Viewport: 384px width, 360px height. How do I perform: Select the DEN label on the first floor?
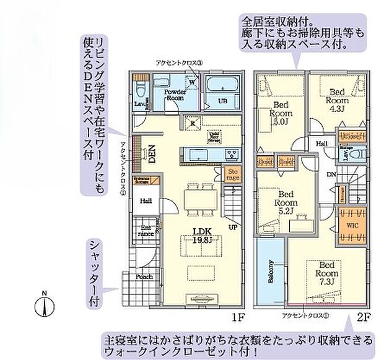(151, 153)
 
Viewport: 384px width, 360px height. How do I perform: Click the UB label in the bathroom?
(221, 101)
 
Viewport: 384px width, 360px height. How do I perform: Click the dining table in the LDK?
(199, 197)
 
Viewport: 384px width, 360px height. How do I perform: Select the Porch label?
(144, 277)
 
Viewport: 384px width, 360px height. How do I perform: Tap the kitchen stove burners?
(232, 153)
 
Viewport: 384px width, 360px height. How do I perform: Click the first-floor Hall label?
(146, 200)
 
